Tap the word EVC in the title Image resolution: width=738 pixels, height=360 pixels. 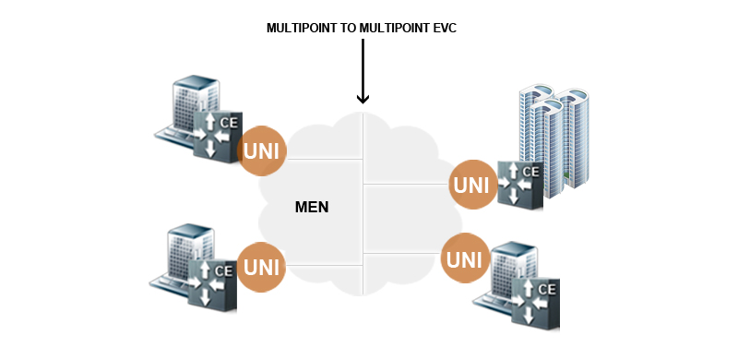[443, 29]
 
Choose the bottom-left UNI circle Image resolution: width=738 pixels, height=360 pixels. [261, 268]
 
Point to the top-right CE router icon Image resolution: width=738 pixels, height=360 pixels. [519, 184]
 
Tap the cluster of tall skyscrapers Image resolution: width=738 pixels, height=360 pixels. [553, 138]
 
